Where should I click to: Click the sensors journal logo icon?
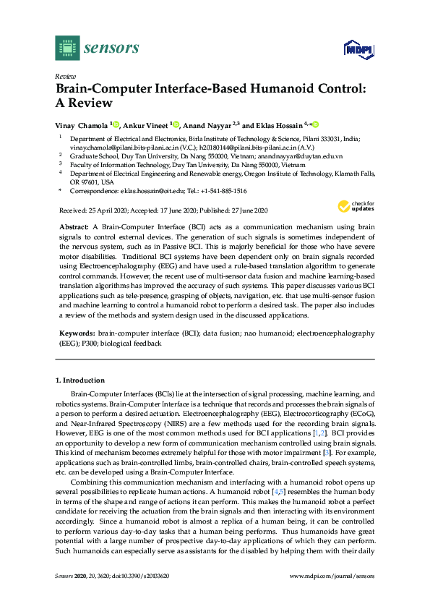click(x=67, y=48)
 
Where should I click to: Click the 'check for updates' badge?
click(x=356, y=206)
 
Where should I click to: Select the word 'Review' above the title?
click(x=65, y=76)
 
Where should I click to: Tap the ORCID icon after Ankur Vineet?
click(x=176, y=124)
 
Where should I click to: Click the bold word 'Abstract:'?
click(x=74, y=226)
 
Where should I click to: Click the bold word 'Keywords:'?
click(x=77, y=333)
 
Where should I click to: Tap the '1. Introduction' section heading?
click(x=80, y=380)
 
